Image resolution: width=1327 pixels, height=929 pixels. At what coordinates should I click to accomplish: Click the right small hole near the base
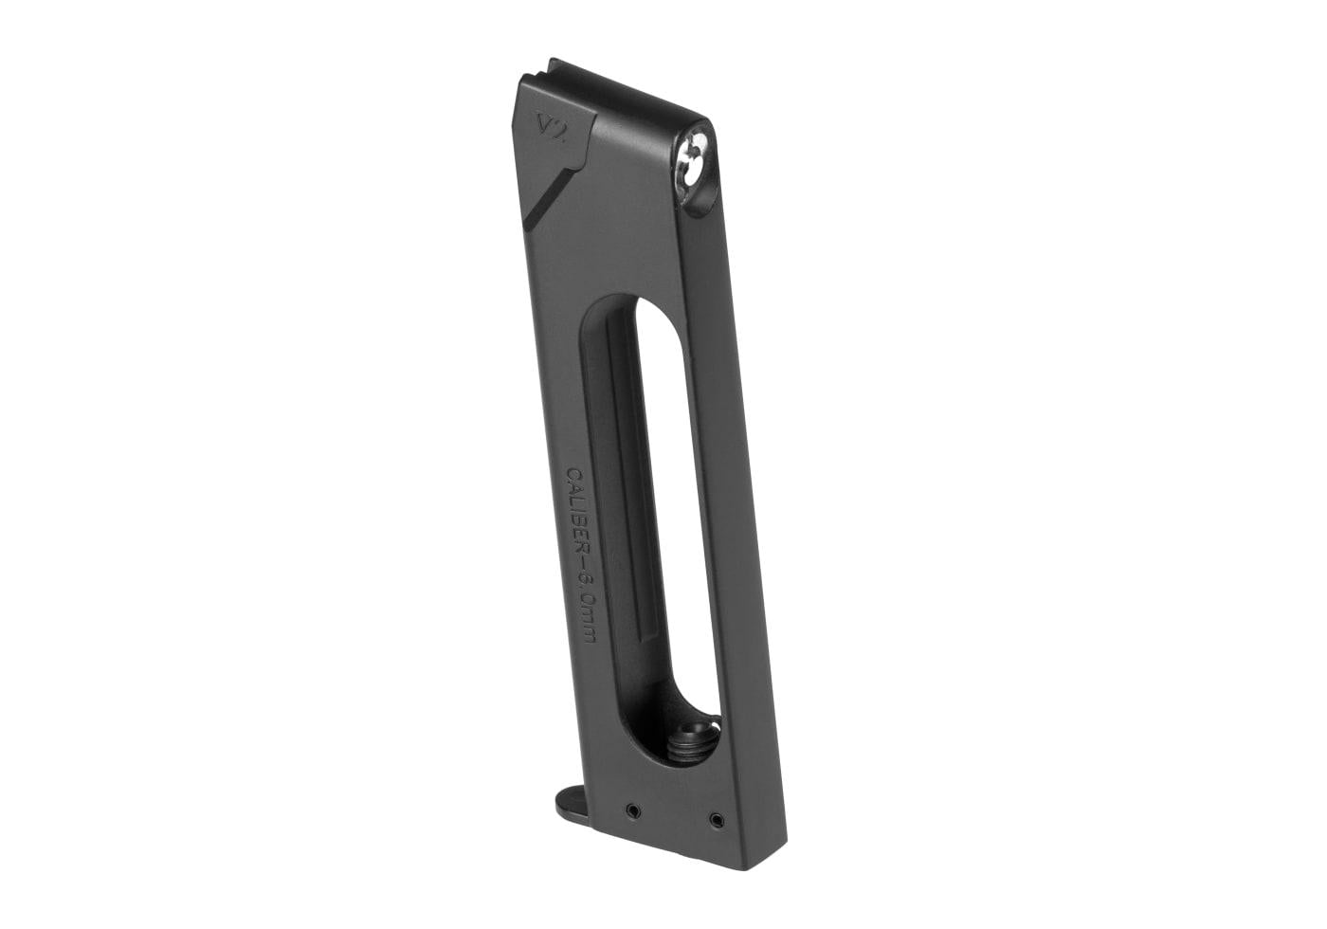716,818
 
